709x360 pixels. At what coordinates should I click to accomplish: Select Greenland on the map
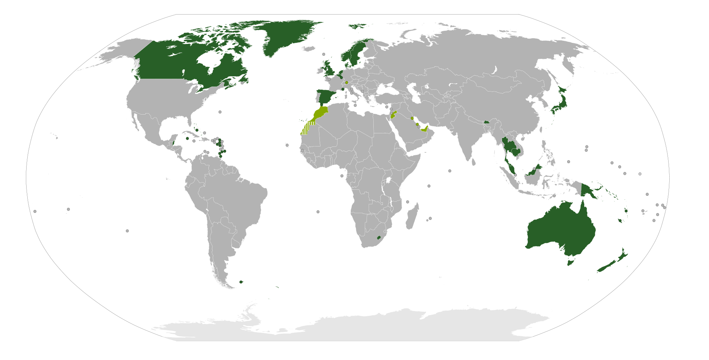point(284,35)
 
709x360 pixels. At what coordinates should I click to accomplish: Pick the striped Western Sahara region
point(306,129)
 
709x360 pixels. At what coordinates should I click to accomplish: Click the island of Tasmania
point(570,263)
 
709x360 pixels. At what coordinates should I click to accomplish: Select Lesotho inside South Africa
point(379,237)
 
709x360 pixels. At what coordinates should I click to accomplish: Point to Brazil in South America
point(238,199)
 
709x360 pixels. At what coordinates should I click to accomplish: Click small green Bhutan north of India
point(487,122)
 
